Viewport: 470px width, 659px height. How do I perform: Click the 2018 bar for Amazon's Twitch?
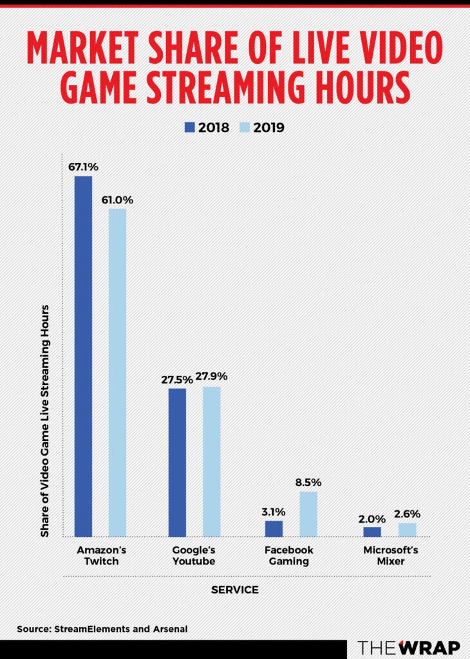click(x=83, y=356)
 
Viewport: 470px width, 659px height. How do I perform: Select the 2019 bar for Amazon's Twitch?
click(x=117, y=372)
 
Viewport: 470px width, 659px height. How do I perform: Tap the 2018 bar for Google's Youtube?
click(x=177, y=462)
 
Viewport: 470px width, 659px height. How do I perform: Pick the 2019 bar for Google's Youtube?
click(x=211, y=461)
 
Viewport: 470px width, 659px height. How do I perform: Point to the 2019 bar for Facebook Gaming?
click(x=308, y=514)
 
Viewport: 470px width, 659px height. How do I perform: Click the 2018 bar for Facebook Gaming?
click(x=274, y=528)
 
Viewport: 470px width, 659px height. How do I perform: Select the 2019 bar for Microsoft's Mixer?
click(x=407, y=530)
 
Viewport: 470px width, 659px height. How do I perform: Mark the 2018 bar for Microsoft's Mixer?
click(x=372, y=532)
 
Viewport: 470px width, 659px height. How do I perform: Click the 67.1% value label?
click(x=83, y=166)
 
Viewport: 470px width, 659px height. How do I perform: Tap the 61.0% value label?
click(x=117, y=199)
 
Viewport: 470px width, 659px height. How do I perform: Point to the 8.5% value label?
click(x=308, y=482)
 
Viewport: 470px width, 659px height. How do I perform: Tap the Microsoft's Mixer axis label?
click(x=391, y=556)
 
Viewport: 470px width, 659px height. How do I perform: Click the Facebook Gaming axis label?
click(x=289, y=556)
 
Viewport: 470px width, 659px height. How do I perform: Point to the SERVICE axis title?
click(x=234, y=589)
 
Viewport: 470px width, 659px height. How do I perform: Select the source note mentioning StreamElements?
click(x=102, y=628)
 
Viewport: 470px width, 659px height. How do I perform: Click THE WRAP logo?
click(x=409, y=647)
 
